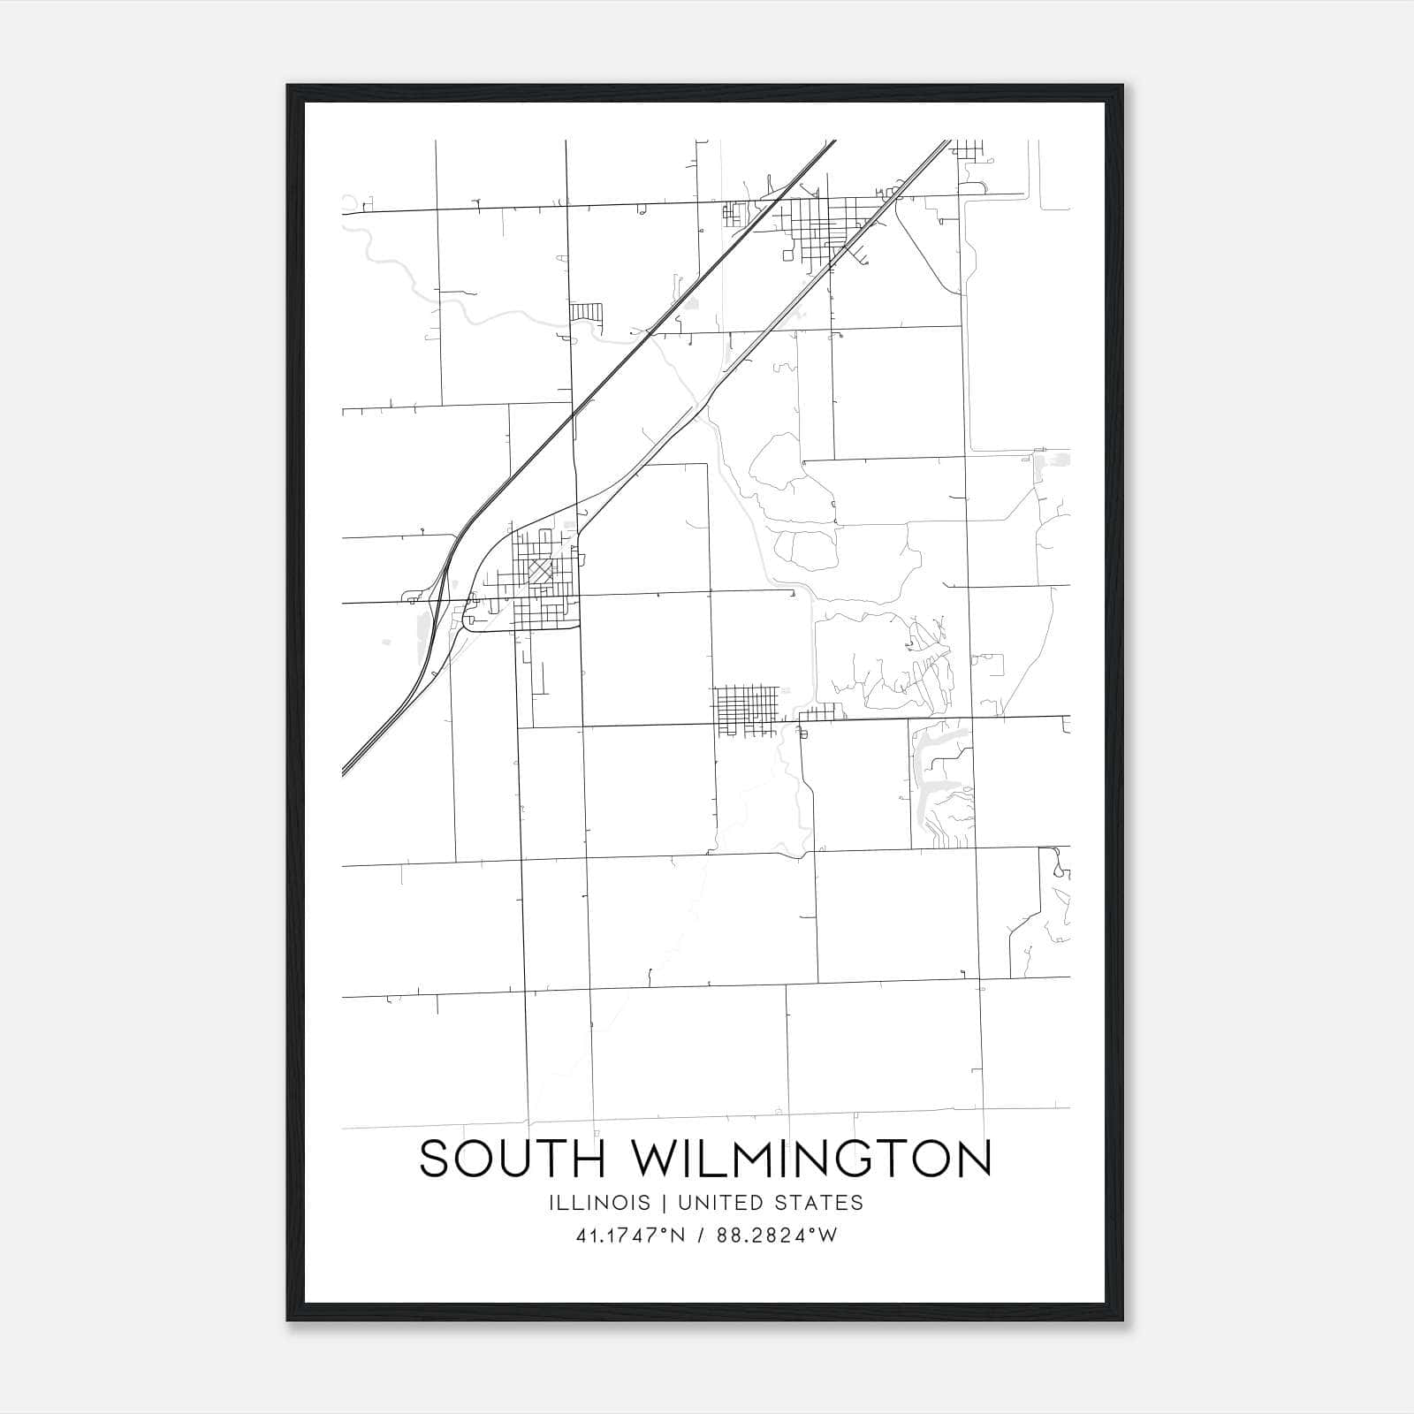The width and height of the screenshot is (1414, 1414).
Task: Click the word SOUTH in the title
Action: click(x=513, y=1159)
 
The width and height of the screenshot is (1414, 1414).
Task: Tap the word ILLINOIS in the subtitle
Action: click(x=599, y=1203)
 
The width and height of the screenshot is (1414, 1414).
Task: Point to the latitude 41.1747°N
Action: click(x=628, y=1235)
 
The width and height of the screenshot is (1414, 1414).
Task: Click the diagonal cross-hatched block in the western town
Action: click(x=540, y=572)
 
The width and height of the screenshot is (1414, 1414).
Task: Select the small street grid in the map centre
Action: click(x=747, y=710)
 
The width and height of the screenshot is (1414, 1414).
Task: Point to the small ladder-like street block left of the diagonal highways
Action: click(x=586, y=312)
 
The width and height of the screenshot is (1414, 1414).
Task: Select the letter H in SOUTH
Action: click(x=589, y=1159)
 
